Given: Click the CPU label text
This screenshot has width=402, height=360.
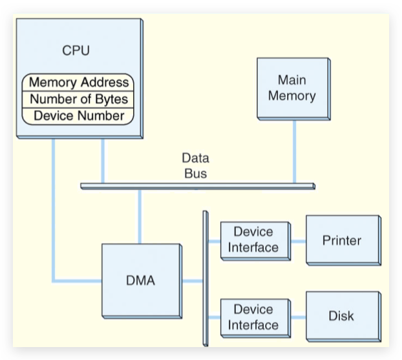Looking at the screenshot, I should tap(76, 50).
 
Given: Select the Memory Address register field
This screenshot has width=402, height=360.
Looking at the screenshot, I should tap(78, 83).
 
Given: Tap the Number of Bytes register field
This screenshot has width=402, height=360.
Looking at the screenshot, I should tap(78, 100).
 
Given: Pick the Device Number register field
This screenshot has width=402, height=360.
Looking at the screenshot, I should tap(78, 116).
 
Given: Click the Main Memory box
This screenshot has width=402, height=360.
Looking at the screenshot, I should tap(291, 88).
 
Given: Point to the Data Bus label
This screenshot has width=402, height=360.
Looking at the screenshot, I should tap(195, 165).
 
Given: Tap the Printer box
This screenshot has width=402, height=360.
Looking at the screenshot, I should tap(341, 240).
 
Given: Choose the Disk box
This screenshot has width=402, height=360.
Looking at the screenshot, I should tap(341, 316).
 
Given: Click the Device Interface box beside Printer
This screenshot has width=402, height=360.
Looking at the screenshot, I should tap(253, 240).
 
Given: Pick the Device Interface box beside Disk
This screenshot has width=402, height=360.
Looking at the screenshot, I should tap(253, 317).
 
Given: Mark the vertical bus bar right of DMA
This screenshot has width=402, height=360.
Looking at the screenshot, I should tap(206, 278).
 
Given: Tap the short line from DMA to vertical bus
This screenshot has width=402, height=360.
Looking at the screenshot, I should tap(192, 281).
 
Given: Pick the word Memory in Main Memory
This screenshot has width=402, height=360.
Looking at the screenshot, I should tap(292, 96).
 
